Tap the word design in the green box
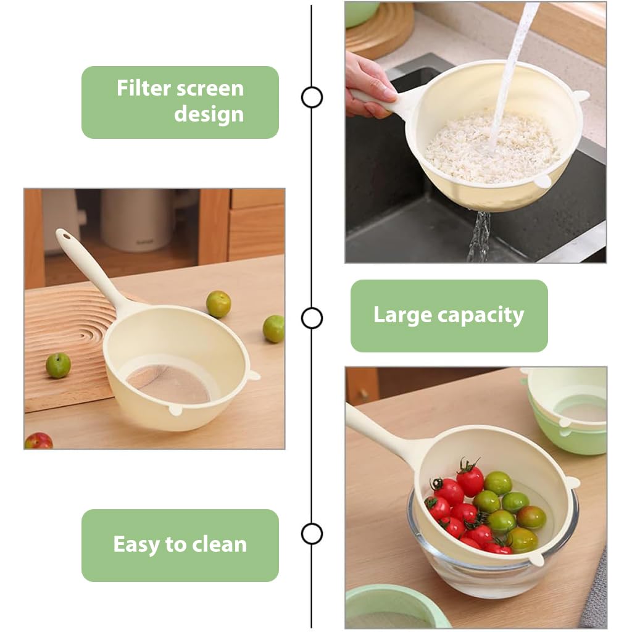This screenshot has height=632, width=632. pos(209,114)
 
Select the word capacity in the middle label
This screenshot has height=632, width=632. pos(480,315)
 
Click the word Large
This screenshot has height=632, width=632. pos(402,315)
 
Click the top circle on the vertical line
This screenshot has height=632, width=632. pos(312,97)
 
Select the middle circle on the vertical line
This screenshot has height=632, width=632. pos(312,318)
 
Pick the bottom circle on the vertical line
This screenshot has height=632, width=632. pos(312,534)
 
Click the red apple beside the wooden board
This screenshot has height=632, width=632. pos(39,441)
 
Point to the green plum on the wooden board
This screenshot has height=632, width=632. pos(58,365)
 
